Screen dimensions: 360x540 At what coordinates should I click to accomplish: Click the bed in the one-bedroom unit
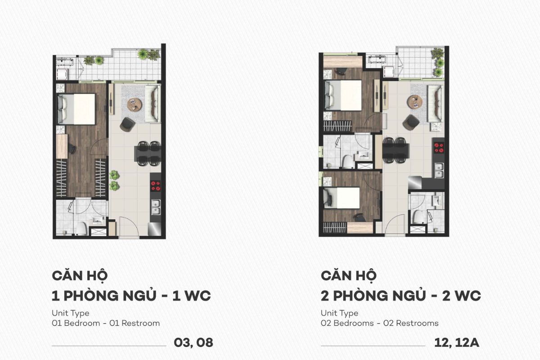pyautogui.click(x=77, y=109)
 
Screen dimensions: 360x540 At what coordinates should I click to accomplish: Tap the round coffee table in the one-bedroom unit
pyautogui.click(x=134, y=105)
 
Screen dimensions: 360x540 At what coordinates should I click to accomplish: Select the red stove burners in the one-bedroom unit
pyautogui.click(x=155, y=185)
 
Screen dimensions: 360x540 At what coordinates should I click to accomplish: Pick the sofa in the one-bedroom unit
pyautogui.click(x=153, y=103)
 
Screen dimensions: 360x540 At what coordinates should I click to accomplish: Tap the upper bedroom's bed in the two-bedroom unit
pyautogui.click(x=344, y=95)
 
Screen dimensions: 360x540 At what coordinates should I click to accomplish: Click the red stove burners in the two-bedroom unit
pyautogui.click(x=438, y=148)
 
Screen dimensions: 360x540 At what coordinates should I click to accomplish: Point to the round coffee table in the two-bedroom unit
pyautogui.click(x=414, y=102)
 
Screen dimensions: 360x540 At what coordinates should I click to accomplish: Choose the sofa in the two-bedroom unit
pyautogui.click(x=435, y=103)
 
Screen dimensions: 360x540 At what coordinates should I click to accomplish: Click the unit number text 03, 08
pyautogui.click(x=193, y=342)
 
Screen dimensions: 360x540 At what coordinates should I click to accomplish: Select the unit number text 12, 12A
pyautogui.click(x=456, y=342)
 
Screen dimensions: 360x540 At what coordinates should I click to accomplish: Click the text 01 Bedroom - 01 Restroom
pyautogui.click(x=106, y=323)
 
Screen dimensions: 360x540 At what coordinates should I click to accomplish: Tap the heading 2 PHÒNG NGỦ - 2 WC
pyautogui.click(x=401, y=296)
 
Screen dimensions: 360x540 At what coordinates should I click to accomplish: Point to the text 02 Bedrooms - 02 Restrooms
pyautogui.click(x=379, y=323)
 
